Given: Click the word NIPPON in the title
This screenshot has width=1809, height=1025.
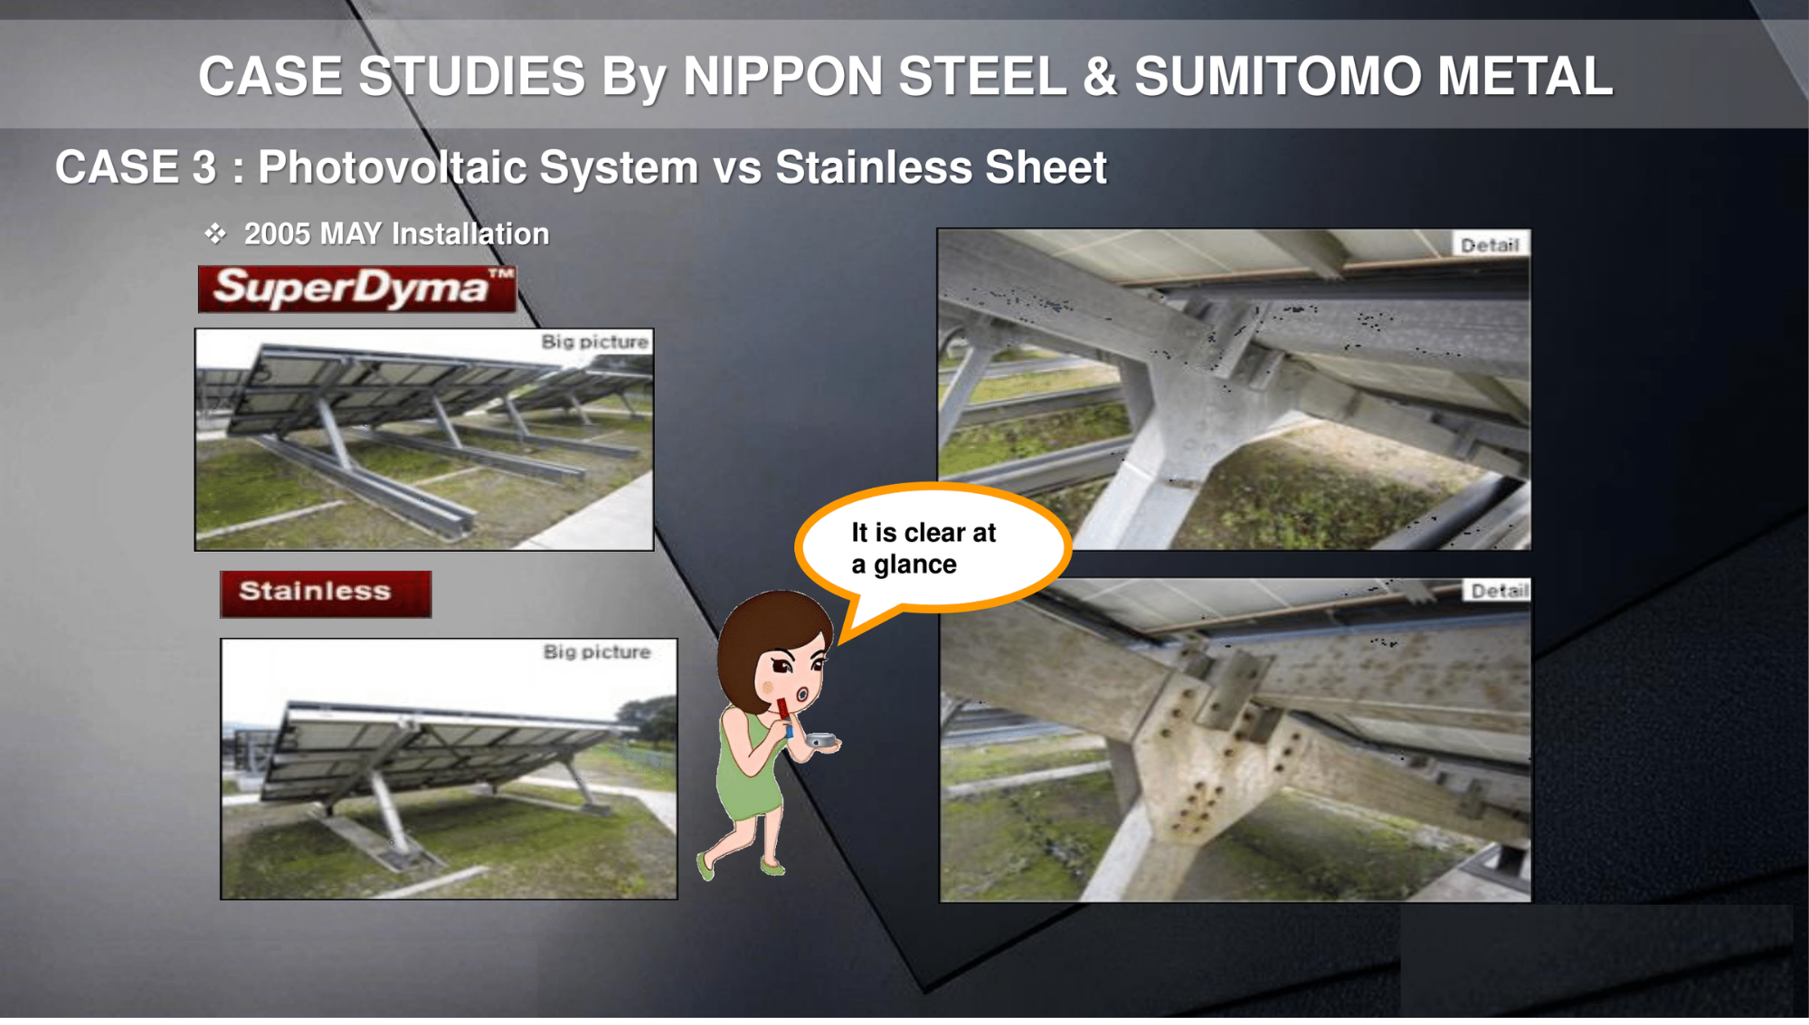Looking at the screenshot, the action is [783, 76].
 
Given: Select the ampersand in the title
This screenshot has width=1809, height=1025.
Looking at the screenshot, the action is [1100, 76].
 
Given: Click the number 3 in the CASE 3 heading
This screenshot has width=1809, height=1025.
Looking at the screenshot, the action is [204, 167].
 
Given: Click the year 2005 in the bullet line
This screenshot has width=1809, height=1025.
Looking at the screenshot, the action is [278, 234].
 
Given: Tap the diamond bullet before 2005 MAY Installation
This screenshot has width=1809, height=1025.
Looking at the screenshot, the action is [215, 234].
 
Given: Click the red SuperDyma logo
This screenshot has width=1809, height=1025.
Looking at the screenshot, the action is [357, 289].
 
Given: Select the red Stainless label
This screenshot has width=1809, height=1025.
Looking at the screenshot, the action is [326, 594].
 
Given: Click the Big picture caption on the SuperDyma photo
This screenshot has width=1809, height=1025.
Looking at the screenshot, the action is [595, 342].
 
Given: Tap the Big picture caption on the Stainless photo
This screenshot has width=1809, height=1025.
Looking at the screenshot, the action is [597, 652].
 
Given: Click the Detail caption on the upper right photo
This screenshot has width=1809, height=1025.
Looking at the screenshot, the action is [1490, 245].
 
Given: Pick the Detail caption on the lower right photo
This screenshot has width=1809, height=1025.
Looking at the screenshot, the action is [1498, 591].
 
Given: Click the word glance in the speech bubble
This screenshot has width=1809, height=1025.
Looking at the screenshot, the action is [914, 565].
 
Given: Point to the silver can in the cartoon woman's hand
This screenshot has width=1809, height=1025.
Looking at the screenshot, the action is [821, 740].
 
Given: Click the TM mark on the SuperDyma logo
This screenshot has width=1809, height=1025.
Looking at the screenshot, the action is [502, 273].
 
